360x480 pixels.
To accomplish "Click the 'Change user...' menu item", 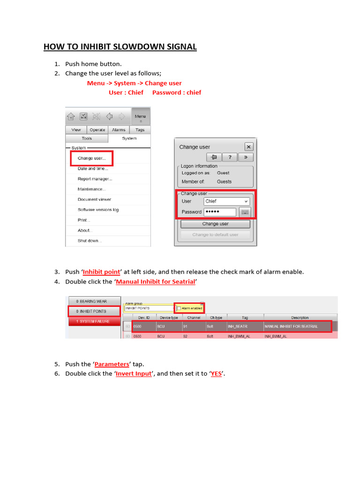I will coord(91,158).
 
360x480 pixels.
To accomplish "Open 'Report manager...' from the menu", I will coord(95,179).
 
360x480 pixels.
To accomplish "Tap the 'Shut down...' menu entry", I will coord(90,241).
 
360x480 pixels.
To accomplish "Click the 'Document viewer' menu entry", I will coord(94,200).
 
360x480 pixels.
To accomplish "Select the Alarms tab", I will coord(119,130).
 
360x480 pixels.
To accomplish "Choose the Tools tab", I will coord(87,139).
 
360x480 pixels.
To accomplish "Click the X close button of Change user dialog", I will coord(248,147).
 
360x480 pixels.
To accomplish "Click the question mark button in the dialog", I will coord(230,157).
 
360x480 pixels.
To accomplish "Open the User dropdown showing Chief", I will coord(227,201).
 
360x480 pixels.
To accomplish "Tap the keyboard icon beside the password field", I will coord(245,212).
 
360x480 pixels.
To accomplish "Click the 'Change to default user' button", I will coord(215,234).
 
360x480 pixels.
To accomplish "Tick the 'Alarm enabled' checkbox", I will coord(179,308).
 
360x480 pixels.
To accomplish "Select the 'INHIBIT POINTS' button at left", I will coord(93,311).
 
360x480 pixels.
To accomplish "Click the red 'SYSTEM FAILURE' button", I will coord(93,321).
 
